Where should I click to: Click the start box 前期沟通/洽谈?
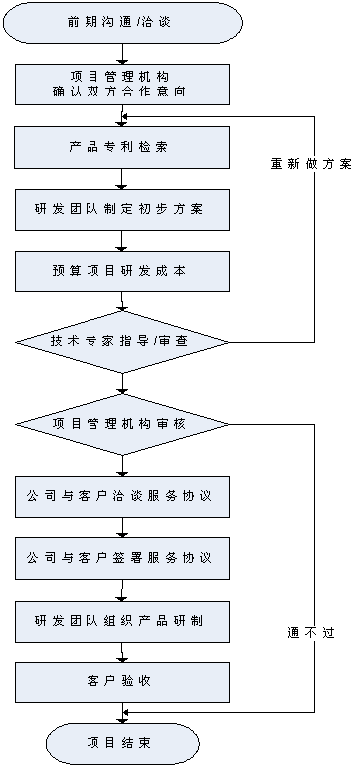coord(121,21)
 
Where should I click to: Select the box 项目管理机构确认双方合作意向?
coord(121,85)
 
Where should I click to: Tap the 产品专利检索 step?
coord(121,147)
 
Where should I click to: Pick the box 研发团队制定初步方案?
coord(121,209)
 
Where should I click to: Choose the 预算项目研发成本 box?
coord(121,271)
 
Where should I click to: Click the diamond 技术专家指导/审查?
coord(121,341)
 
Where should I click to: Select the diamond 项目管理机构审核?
coord(121,423)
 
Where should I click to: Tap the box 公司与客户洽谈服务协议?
coord(121,496)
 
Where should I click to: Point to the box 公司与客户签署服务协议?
coord(121,558)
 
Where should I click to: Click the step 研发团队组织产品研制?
coord(121,621)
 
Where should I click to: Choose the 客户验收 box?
coord(121,682)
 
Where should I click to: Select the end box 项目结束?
coord(121,743)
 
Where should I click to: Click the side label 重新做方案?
coord(312,164)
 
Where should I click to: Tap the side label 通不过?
coord(312,633)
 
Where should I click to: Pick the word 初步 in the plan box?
coord(154,209)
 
